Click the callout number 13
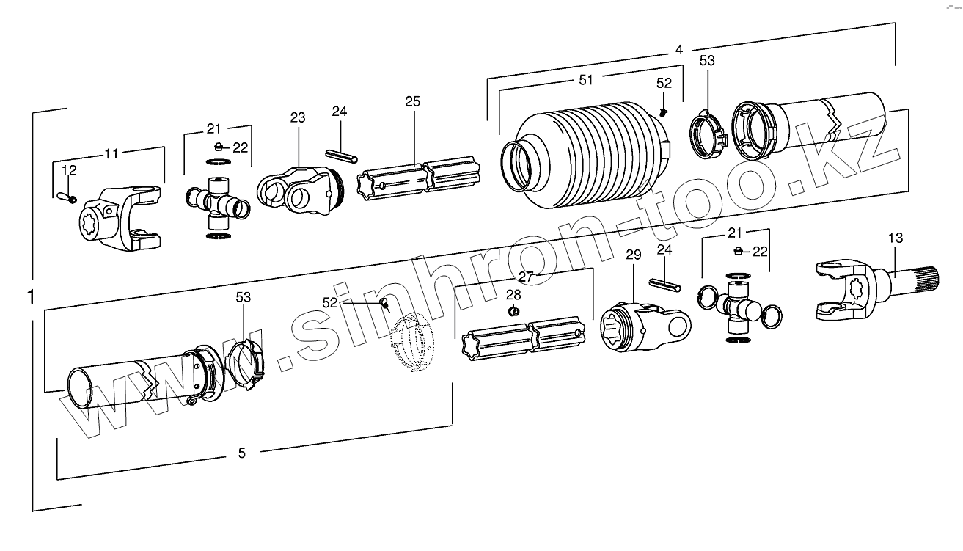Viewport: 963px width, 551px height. [895, 238]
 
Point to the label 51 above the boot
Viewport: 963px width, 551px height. [585, 81]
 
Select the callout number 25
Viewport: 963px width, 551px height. [413, 101]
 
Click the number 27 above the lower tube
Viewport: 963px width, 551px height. [524, 277]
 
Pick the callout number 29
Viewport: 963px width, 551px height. [633, 255]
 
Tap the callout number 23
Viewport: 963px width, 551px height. [297, 117]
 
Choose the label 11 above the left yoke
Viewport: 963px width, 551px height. [111, 154]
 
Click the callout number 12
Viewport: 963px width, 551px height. [69, 170]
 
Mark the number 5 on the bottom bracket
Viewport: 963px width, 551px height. [242, 453]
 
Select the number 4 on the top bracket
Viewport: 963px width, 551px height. [679, 49]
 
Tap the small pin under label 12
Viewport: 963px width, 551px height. [66, 196]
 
